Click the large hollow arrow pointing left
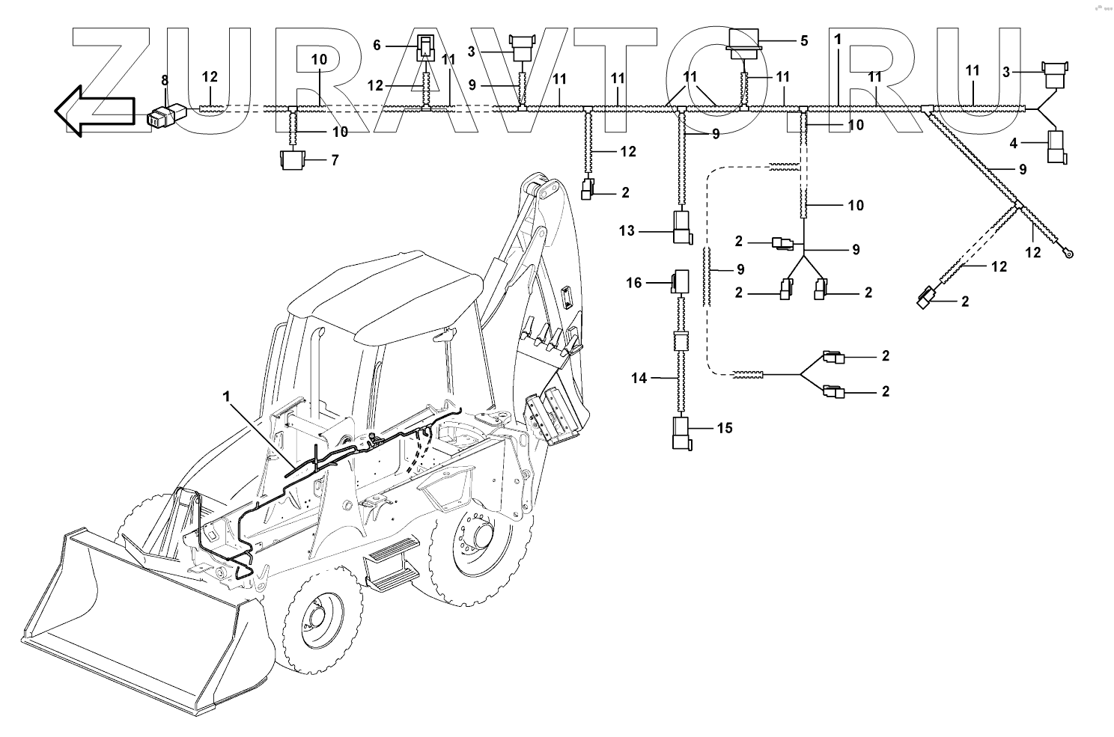point(93,111)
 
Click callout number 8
point(165,79)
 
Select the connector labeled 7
point(291,160)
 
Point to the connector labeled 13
point(681,227)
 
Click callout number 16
point(634,283)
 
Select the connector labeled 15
point(681,434)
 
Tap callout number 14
point(639,379)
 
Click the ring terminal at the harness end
point(1070,254)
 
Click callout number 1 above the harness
point(838,38)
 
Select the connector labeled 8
point(166,115)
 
